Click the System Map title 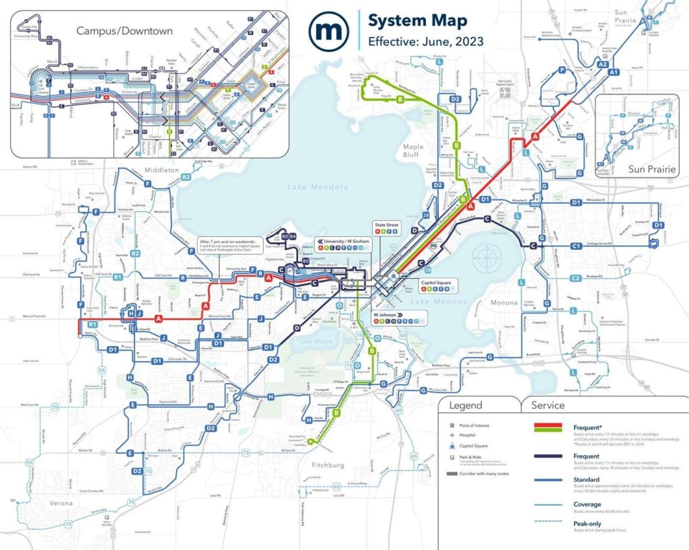click(x=417, y=20)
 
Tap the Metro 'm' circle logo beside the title click(x=328, y=30)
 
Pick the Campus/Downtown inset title click(x=124, y=31)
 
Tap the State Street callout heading click(x=389, y=224)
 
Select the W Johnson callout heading click(x=387, y=314)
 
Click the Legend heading click(x=465, y=405)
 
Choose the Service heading click(x=547, y=405)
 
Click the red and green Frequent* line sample click(x=548, y=427)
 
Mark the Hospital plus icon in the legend click(x=452, y=436)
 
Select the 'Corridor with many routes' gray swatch click(x=452, y=474)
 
